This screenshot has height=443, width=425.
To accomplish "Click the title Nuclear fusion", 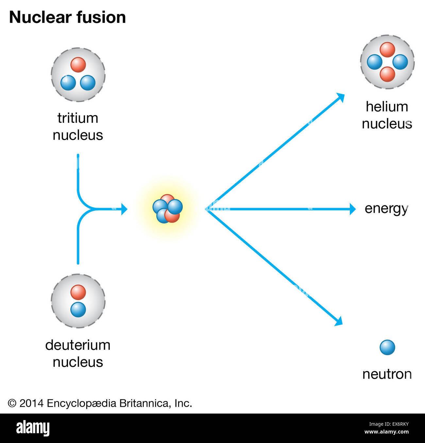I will click(67, 17).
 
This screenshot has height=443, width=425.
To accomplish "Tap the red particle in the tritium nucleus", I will click(78, 64).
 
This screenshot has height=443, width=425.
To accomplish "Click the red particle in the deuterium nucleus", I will click(78, 292).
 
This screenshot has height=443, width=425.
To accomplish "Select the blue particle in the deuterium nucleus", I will click(78, 310).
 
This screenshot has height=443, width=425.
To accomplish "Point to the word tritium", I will click(78, 118).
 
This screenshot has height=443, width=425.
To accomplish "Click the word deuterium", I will click(78, 345).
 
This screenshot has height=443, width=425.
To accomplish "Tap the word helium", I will click(387, 107).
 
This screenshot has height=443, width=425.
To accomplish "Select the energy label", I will click(386, 208).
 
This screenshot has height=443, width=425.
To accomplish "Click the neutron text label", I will click(387, 374).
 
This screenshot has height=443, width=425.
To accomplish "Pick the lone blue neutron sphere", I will click(387, 347).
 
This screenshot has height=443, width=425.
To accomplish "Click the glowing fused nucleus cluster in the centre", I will click(167, 209).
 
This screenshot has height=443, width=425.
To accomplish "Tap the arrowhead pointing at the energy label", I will click(352, 209).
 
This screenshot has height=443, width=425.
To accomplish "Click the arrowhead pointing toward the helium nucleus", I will click(341, 97).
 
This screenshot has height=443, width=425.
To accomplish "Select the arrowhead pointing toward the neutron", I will click(339, 321).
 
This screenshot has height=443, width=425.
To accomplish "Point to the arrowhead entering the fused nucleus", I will click(124, 209).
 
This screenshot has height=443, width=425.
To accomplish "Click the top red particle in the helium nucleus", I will click(387, 50).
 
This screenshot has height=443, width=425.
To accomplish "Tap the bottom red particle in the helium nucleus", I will click(387, 74).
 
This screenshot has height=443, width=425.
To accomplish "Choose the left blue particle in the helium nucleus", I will click(375, 62).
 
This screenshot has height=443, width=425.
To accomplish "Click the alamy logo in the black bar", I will click(33, 428).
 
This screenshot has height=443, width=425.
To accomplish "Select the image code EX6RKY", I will click(389, 424).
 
